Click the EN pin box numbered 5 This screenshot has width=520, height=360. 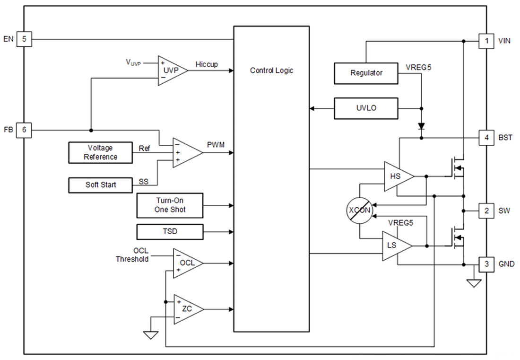point(24,39)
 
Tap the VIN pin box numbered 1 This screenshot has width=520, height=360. point(486,41)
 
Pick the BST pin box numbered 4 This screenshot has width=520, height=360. point(486,138)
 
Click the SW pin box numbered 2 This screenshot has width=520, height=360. point(486,211)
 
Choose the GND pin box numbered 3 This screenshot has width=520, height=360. point(486,264)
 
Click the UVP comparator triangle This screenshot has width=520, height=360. point(170,70)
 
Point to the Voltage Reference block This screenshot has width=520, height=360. point(100,152)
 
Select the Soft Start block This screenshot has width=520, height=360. point(100,184)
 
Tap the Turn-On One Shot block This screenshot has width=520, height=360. point(170,205)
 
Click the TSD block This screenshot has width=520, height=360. point(170,232)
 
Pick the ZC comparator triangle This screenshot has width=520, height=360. point(186,309)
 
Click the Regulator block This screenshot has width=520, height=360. point(366,73)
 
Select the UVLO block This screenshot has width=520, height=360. point(366,108)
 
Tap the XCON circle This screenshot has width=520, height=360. point(359,210)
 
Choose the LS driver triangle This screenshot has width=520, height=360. point(395,246)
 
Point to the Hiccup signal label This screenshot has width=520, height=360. point(206,64)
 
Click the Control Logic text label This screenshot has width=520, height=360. point(271,70)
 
